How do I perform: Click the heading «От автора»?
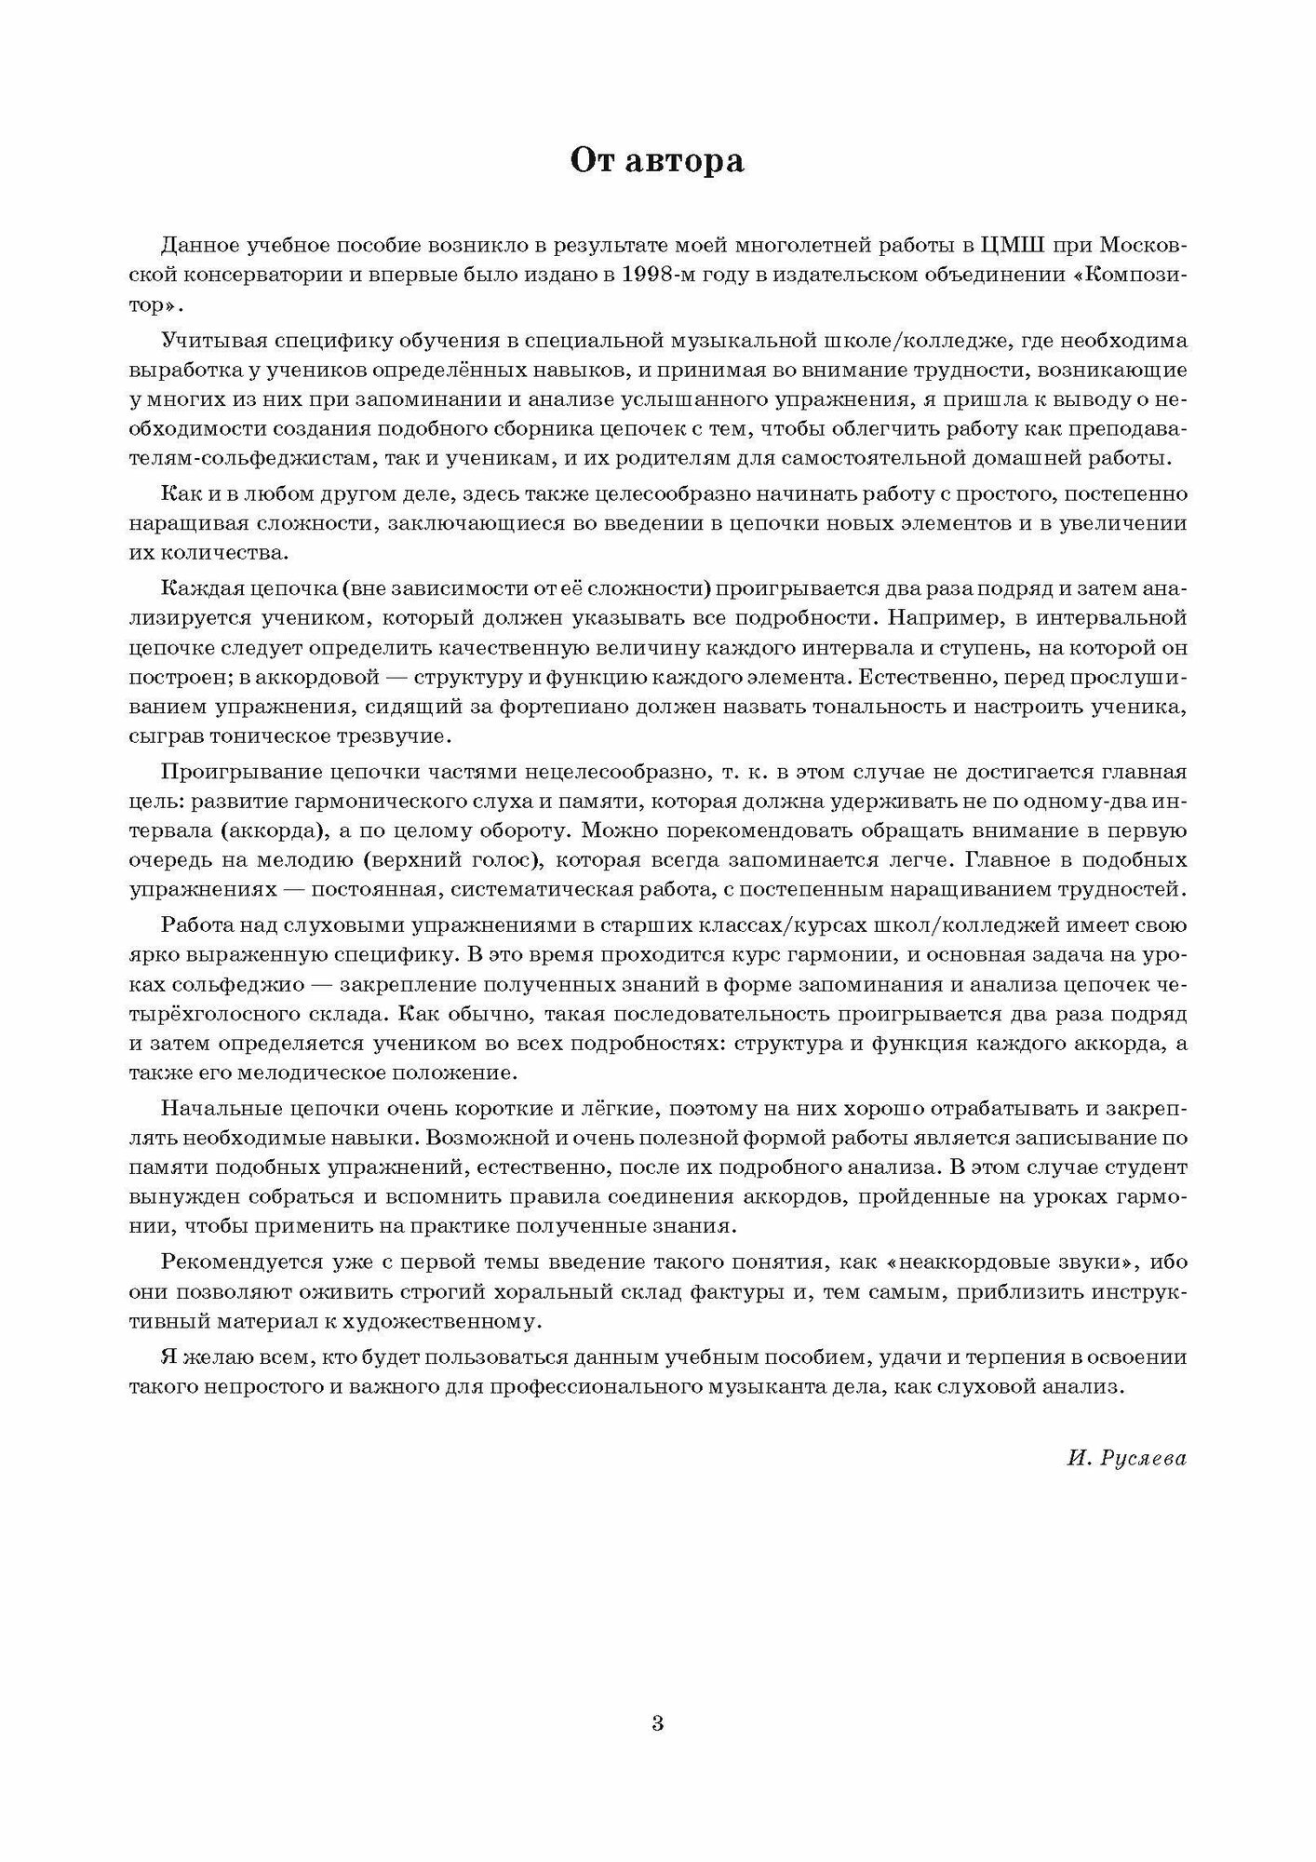point(657,162)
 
